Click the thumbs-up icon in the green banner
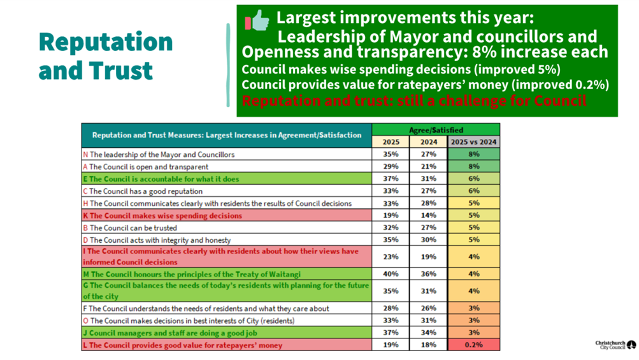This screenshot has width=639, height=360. [257, 21]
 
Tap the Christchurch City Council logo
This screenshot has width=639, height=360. [615, 345]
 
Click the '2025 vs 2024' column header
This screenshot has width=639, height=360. [473, 141]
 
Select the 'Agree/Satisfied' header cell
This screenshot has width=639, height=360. [436, 129]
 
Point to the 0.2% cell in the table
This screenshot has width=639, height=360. [473, 345]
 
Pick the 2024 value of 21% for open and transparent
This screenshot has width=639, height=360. [429, 166]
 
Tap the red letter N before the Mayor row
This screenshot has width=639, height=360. [86, 154]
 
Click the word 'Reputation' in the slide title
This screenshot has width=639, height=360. [106, 42]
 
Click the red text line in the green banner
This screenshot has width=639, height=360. [414, 101]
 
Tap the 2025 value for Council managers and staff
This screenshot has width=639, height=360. [391, 333]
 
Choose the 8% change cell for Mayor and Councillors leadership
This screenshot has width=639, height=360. [473, 154]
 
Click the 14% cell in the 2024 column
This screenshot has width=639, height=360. [429, 215]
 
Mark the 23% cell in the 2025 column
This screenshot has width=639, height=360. [391, 256]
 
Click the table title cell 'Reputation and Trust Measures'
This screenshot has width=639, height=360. [226, 135]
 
